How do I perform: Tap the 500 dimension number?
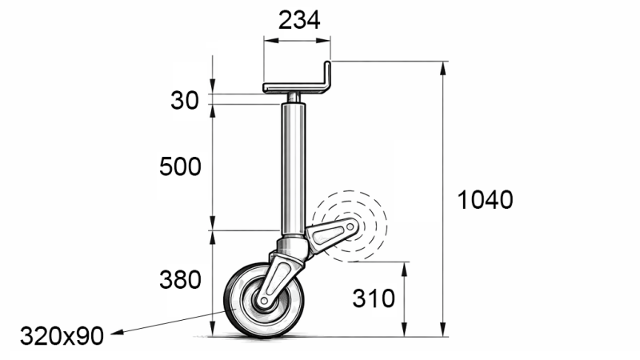coord(180,167)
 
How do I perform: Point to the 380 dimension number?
coord(180,280)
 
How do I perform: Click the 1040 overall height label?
coord(485,199)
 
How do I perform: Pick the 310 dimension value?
coord(374,298)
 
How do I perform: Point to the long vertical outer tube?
coord(293,168)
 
